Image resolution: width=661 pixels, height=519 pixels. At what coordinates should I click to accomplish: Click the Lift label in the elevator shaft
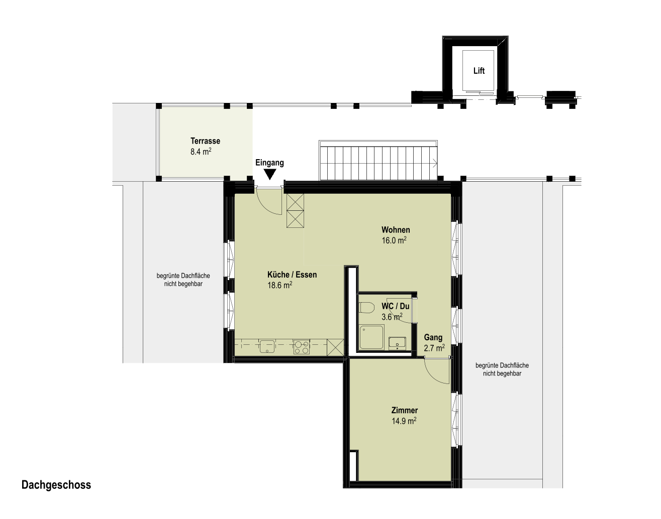479,71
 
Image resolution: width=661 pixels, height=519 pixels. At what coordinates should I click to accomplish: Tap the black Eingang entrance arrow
270,175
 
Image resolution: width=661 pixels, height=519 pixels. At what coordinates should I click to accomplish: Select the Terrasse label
205,141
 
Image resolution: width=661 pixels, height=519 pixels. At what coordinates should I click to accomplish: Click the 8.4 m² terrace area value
201,152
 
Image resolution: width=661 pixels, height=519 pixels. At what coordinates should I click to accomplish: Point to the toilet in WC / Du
366,307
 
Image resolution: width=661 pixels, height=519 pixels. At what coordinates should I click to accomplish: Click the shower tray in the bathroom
371,337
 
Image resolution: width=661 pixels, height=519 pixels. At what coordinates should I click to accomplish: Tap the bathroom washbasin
397,343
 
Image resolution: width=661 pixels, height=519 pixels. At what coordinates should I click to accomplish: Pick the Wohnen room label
396,230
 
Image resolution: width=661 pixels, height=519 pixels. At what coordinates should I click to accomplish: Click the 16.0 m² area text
394,240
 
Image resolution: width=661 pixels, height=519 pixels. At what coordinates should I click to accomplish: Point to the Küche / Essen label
292,275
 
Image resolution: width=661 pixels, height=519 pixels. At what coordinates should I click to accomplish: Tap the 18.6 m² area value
279,285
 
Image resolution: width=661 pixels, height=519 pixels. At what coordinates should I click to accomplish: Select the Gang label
433,337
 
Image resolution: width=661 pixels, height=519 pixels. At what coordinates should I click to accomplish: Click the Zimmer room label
405,410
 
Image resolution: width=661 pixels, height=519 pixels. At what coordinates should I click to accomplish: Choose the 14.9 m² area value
404,421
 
